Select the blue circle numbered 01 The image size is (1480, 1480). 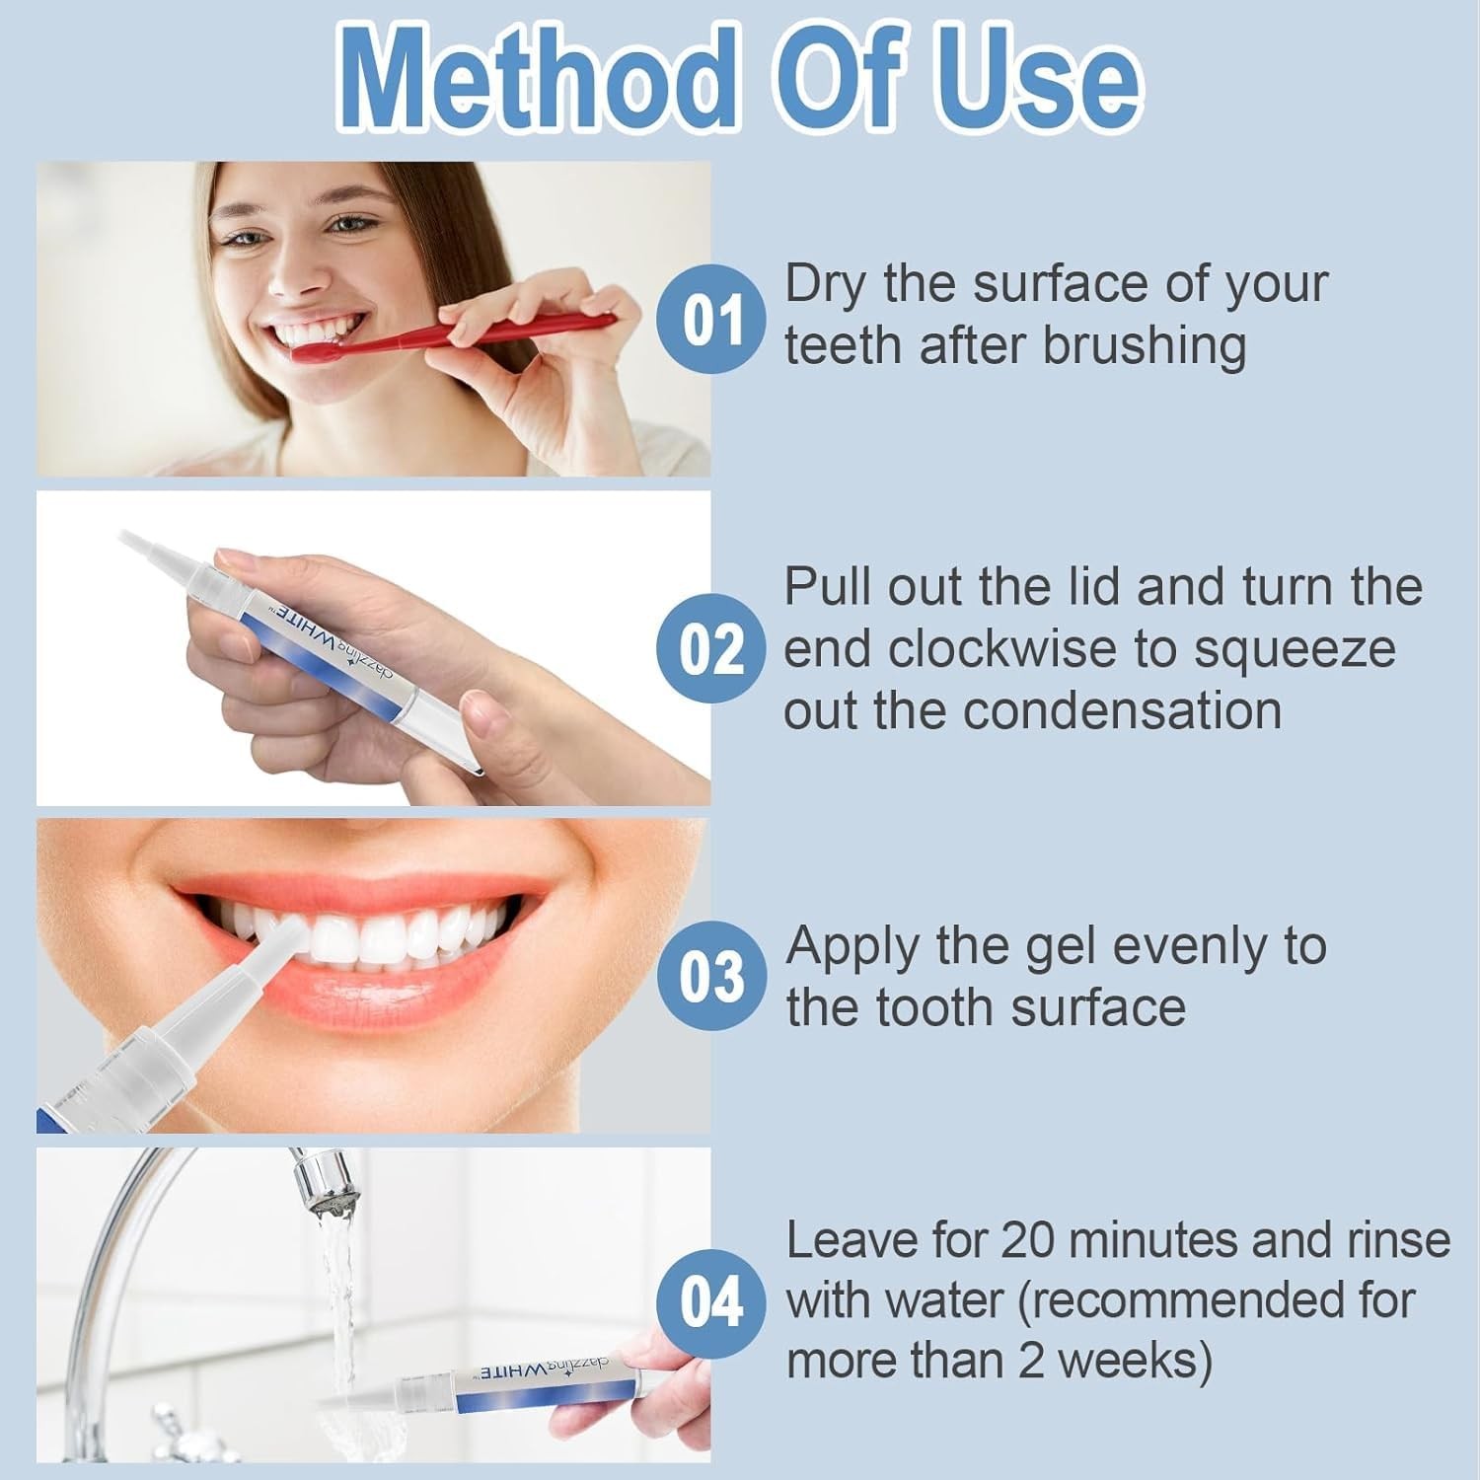coord(711,319)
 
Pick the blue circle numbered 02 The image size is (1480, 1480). coord(711,648)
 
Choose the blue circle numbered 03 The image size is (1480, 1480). coord(711,976)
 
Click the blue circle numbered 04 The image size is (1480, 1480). coord(711,1303)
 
